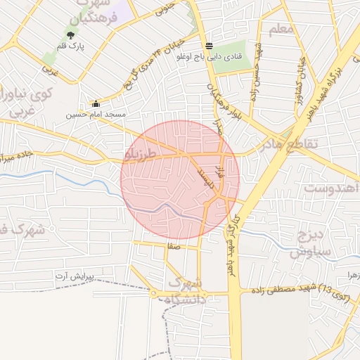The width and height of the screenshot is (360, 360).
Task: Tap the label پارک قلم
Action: point(70,46)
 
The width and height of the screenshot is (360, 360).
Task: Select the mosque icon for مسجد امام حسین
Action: point(96,103)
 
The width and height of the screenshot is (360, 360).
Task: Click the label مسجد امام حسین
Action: point(96,114)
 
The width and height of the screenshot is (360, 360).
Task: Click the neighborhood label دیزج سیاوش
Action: point(308,243)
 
